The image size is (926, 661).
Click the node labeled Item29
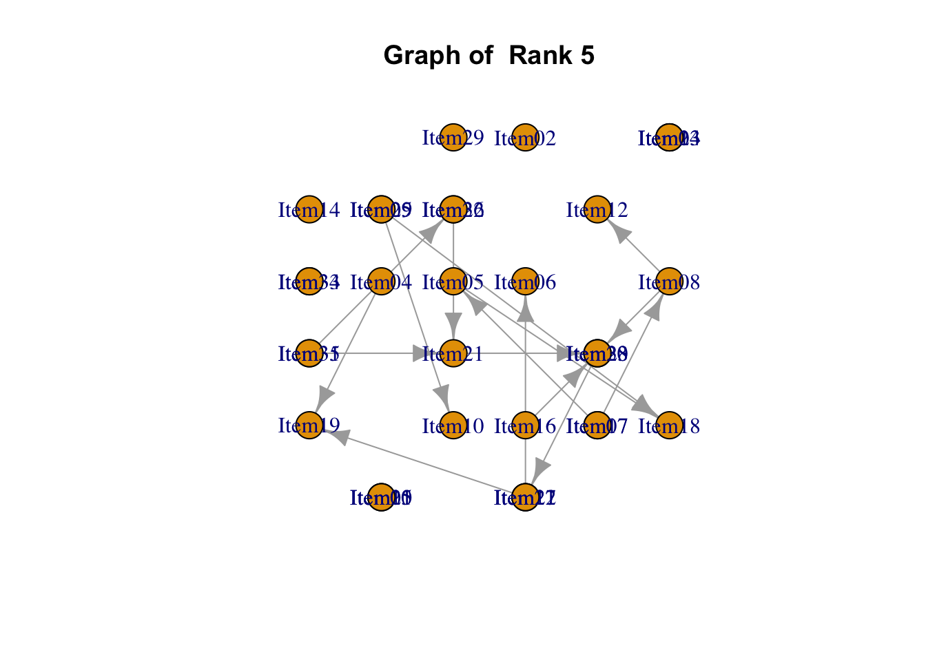(x=453, y=138)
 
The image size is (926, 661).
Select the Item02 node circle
(x=525, y=138)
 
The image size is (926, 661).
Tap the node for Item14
(x=309, y=210)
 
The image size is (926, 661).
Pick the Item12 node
(x=597, y=210)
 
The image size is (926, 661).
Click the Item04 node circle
(x=381, y=282)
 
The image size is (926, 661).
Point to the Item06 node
(x=525, y=282)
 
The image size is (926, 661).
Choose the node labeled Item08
(x=669, y=282)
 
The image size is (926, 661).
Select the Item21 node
(x=453, y=354)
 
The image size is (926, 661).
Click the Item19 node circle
(x=309, y=426)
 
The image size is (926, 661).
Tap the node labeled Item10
(x=453, y=426)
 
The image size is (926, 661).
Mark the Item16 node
(x=525, y=426)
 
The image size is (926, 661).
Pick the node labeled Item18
(x=669, y=426)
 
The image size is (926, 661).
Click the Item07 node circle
(x=597, y=426)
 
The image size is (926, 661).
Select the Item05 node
(x=453, y=282)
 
